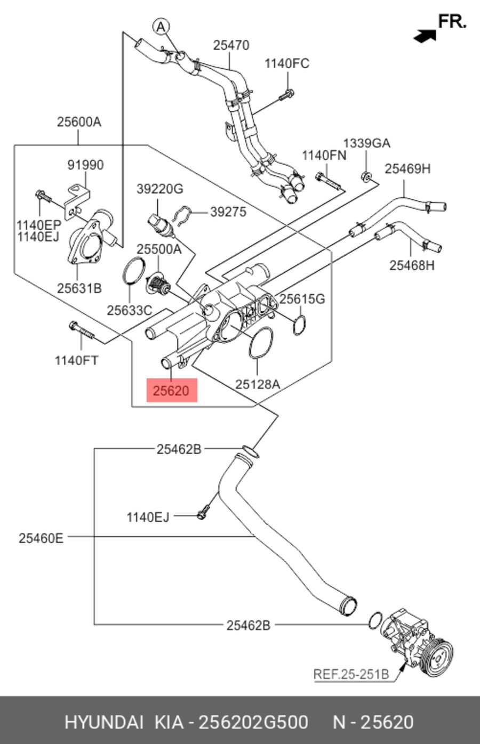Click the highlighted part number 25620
tap(171, 391)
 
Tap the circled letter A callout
tap(161, 27)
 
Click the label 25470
tap(231, 45)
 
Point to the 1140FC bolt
tap(286, 95)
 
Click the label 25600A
tap(79, 122)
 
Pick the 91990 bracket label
tap(85, 165)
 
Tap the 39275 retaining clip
tap(182, 216)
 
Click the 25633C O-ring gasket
tap(134, 271)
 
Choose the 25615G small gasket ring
tap(299, 325)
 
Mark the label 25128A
tap(258, 384)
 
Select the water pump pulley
tap(438, 659)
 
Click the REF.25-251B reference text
tap(351, 674)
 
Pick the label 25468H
tap(412, 266)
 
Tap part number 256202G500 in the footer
tap(253, 722)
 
